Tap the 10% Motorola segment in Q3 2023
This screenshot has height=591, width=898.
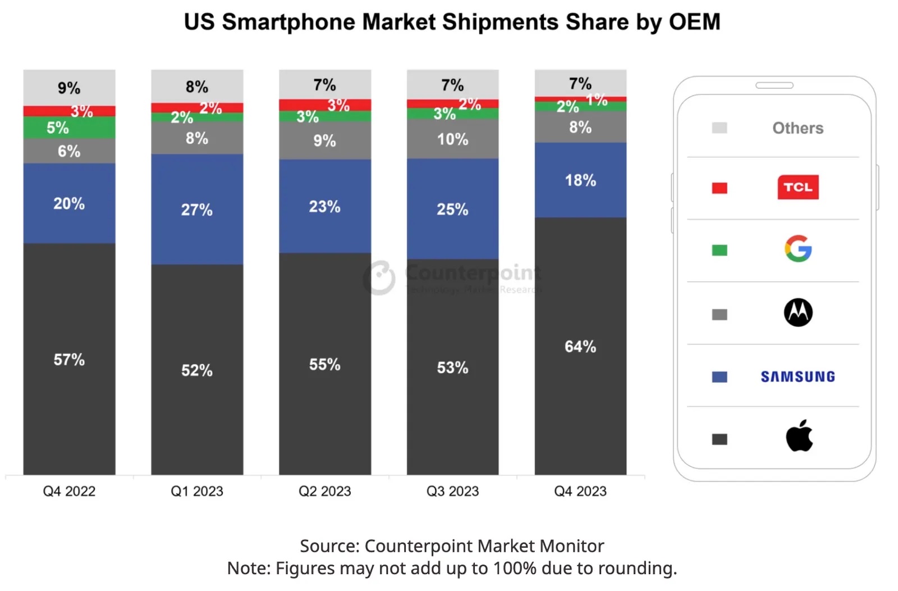point(452,139)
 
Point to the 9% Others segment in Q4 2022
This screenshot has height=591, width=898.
point(69,88)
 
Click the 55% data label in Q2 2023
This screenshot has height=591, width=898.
point(324,365)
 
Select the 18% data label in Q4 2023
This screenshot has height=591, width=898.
point(580,180)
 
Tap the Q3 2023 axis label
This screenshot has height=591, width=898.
point(452,492)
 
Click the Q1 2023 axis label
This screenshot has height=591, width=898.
point(197,492)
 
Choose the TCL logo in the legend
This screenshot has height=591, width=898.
point(798,187)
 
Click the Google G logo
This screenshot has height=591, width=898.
point(798,249)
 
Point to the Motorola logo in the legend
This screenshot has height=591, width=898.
point(798,312)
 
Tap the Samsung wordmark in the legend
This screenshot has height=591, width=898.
point(798,376)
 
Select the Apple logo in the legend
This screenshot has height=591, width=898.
point(799,436)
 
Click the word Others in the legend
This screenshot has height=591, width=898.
point(798,128)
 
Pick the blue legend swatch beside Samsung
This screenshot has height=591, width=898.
point(719,377)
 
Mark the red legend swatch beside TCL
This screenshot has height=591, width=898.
point(719,188)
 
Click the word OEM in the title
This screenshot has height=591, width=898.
point(695,22)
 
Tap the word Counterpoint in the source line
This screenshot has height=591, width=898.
point(402,546)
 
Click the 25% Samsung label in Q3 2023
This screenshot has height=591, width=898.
point(452,210)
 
